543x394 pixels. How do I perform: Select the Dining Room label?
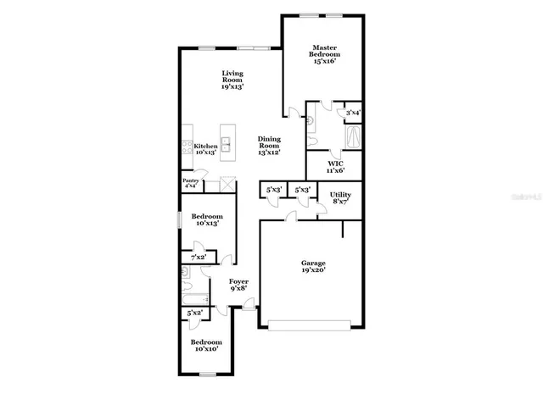pos(269,146)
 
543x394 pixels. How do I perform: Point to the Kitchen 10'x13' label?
pos(206,149)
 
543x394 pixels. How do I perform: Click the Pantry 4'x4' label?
pos(191,183)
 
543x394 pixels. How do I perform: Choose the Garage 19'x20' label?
pos(314,267)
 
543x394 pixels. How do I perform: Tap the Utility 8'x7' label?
pos(340,198)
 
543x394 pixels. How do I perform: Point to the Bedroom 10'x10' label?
pos(206,345)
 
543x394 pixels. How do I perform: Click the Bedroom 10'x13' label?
pos(206,219)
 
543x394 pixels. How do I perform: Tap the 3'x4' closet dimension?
pos(352,112)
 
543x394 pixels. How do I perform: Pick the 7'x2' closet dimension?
pos(199,257)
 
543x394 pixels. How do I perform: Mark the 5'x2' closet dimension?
pos(195,314)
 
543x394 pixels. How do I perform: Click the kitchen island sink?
pos(227,142)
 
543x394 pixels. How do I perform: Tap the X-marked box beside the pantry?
pos(227,183)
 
